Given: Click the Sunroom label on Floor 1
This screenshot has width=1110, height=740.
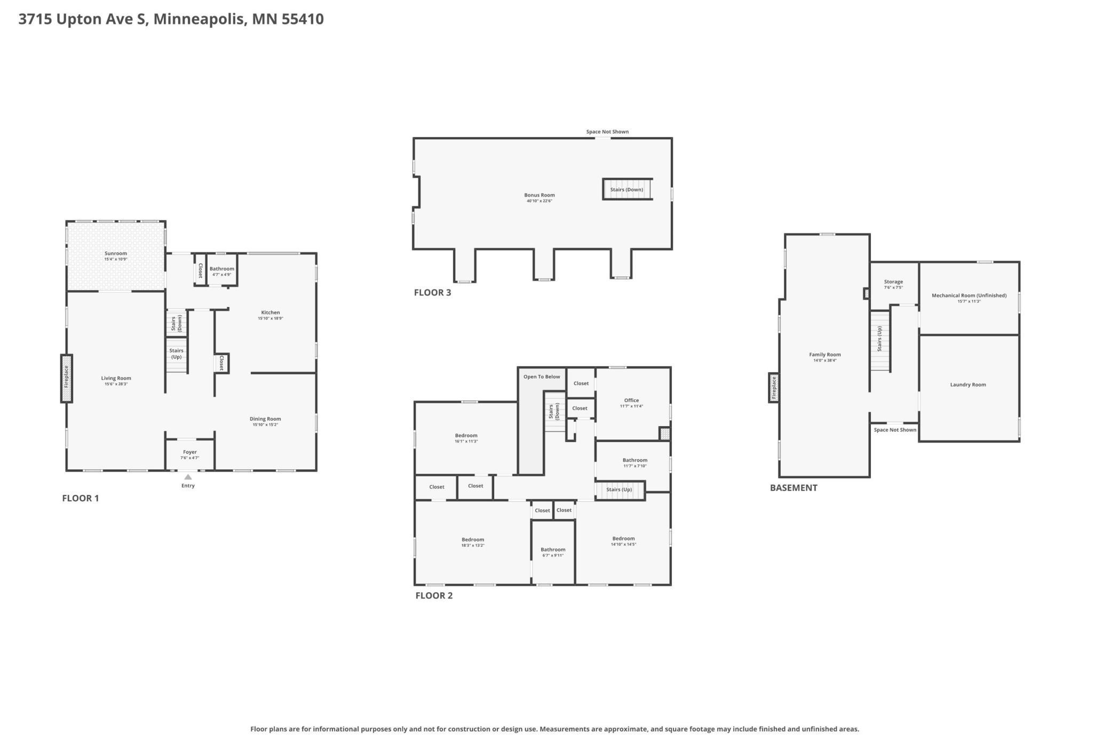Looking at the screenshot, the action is [116, 254].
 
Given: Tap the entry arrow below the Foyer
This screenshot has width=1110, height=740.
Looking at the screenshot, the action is [188, 477].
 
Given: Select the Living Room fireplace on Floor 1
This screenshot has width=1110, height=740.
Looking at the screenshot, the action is [67, 379].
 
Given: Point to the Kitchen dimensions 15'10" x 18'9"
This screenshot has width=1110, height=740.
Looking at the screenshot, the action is [271, 319].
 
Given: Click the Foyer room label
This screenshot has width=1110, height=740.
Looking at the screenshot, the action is [190, 452].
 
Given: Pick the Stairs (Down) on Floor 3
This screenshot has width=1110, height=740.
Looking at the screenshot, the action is [628, 190].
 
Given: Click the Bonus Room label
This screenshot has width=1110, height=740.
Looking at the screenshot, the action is [540, 195].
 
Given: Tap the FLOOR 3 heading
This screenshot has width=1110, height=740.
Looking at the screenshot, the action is [433, 293].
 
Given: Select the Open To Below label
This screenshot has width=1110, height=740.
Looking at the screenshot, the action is [542, 377].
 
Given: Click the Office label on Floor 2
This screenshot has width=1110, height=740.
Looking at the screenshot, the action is [631, 400].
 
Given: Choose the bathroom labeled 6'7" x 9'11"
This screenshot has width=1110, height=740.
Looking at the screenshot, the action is [553, 552].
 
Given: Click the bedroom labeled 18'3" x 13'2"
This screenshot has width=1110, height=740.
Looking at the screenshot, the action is [473, 542].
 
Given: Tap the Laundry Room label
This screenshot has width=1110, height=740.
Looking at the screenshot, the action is [968, 384].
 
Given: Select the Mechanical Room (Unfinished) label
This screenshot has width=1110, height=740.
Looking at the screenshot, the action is [969, 295].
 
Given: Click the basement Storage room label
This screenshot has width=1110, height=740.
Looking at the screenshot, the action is [893, 282].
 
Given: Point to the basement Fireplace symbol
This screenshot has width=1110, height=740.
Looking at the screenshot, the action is [774, 388].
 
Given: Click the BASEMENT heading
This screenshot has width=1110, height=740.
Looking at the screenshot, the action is [794, 487].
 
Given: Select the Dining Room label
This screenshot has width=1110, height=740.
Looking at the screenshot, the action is [265, 419].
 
